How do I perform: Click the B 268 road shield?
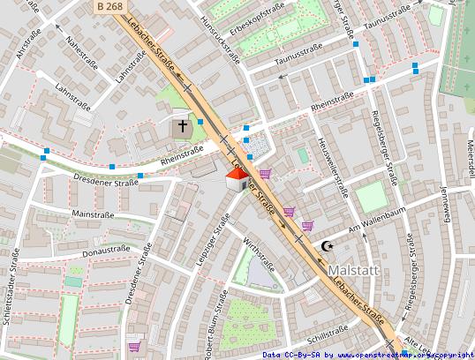[109, 6]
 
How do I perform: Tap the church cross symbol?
[183, 127]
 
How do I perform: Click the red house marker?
[236, 182]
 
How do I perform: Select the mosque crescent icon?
[328, 246]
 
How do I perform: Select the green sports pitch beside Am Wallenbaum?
[372, 197]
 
